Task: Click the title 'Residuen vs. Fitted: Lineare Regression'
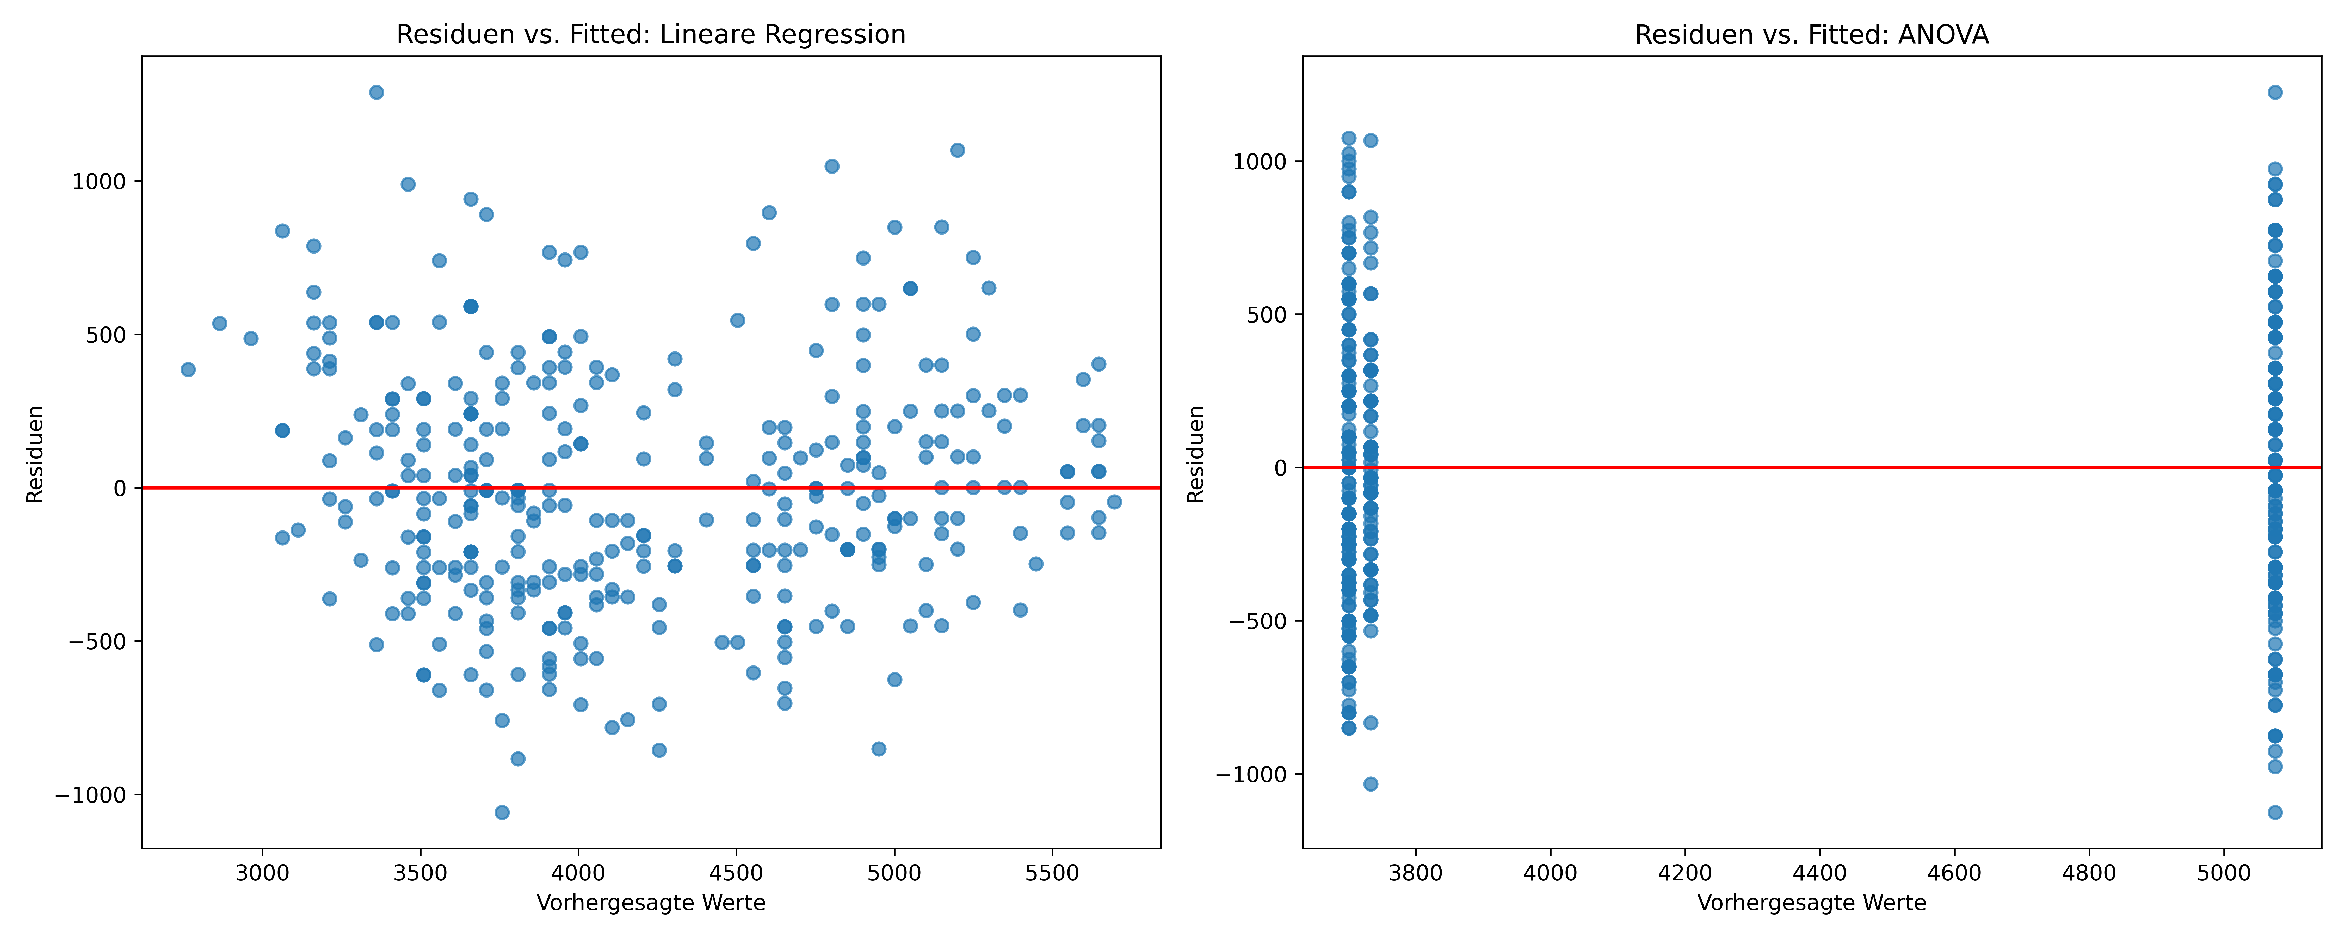coord(651,35)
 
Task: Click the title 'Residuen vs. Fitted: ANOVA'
coord(1812,35)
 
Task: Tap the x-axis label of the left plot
coord(651,903)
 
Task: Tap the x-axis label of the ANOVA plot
coord(1812,903)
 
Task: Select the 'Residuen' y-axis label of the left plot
coord(35,454)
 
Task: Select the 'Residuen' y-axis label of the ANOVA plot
coord(1195,454)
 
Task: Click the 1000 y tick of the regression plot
coord(99,181)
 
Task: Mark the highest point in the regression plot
coord(376,92)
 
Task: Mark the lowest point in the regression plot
coord(502,812)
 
